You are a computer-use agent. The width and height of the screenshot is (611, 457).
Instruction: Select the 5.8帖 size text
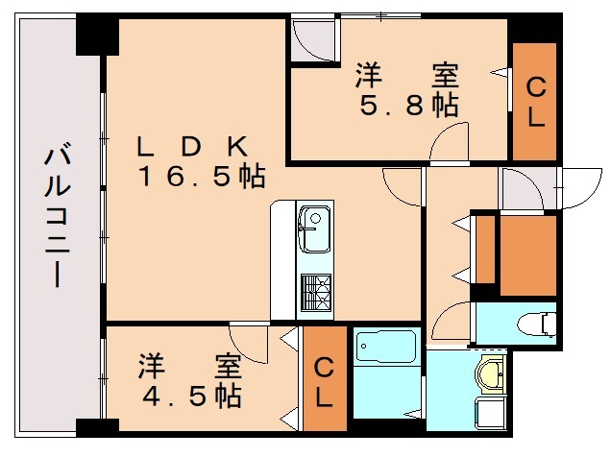pos(408,106)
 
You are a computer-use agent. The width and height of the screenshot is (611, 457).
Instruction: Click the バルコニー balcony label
pos(57,216)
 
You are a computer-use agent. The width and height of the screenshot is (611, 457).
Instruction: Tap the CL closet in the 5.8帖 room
pos(534,102)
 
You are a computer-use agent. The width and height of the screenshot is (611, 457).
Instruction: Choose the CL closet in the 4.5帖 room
pos(325,381)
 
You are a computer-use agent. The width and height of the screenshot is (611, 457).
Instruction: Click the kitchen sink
pos(312,228)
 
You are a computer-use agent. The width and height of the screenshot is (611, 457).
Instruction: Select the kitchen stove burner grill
pos(315,291)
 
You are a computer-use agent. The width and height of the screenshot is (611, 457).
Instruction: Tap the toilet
pos(538,322)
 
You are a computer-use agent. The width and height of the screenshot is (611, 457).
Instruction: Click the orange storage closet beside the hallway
pos(526,254)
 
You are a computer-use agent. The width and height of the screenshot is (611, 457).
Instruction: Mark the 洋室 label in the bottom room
pos(188,365)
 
